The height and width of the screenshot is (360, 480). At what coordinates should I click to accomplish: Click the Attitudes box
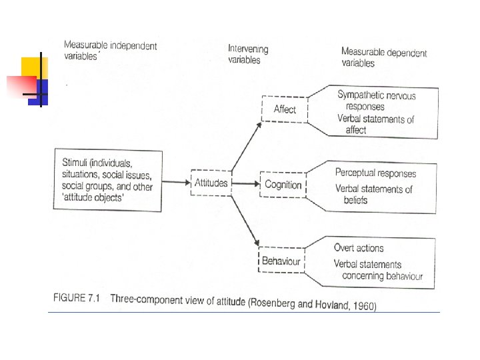click(211, 182)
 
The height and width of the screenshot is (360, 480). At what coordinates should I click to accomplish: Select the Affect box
click(285, 109)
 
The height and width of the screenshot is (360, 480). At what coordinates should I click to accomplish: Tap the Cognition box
click(283, 184)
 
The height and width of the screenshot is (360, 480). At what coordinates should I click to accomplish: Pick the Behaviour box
click(281, 261)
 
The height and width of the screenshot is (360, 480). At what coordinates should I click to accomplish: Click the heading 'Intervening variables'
click(248, 54)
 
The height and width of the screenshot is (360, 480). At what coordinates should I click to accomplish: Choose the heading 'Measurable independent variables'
click(110, 51)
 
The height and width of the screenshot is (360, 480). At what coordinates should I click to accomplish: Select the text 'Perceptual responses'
click(375, 173)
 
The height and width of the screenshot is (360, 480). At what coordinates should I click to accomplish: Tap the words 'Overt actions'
click(359, 248)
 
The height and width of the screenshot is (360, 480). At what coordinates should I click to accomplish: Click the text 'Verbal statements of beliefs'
click(373, 194)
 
